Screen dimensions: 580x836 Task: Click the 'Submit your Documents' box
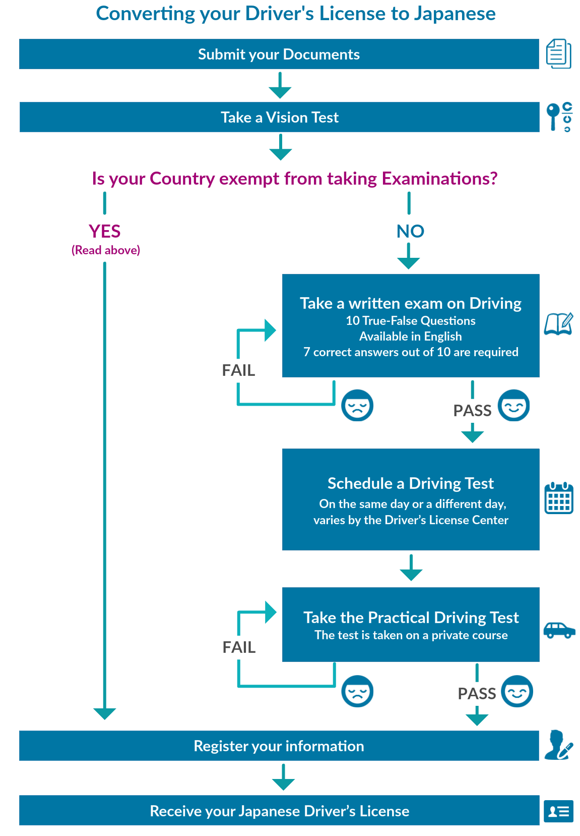(279, 54)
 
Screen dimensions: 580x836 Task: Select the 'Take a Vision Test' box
(279, 117)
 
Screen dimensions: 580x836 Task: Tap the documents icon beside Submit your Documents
(558, 54)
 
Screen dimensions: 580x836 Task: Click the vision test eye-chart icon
(559, 117)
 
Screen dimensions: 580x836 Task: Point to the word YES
(105, 232)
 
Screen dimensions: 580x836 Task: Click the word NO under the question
(410, 232)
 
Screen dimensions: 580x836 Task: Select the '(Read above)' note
(106, 250)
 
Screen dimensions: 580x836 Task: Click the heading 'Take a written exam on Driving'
(410, 303)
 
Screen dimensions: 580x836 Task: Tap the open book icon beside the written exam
(558, 324)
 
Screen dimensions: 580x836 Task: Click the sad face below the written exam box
(357, 405)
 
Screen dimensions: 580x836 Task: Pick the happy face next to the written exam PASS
(513, 405)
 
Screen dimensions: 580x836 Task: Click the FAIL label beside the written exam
(238, 370)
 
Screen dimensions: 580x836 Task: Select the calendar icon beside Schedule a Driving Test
(559, 498)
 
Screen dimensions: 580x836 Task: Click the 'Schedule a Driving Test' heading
(410, 483)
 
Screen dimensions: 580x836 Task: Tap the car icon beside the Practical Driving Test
(559, 630)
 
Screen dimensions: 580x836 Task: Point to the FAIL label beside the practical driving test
(239, 647)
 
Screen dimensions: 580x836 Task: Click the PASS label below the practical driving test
(477, 693)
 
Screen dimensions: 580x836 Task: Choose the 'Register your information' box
(279, 745)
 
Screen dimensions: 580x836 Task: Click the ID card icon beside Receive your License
(558, 811)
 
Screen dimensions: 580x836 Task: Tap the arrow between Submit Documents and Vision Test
(280, 85)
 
